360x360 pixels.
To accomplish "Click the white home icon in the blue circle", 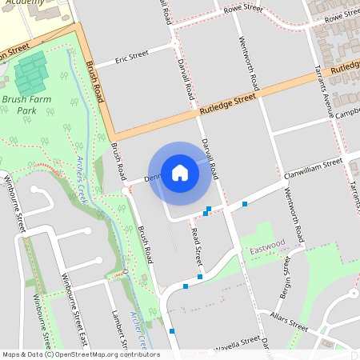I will [x=180, y=172].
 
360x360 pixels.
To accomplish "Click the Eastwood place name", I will [x=267, y=242].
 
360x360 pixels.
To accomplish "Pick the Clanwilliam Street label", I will [x=313, y=168].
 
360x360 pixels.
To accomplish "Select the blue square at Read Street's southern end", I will [x=200, y=277].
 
